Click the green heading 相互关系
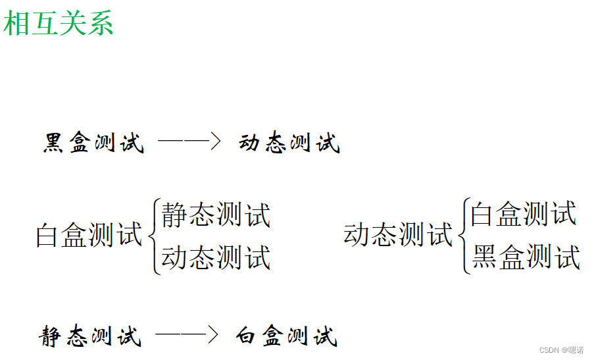click(59, 23)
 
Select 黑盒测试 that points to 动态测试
click(93, 143)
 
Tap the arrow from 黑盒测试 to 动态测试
click(189, 141)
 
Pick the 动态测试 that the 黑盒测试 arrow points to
click(289, 143)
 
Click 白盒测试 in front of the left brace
click(89, 235)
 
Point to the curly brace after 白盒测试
click(154, 235)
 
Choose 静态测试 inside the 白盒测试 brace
click(216, 215)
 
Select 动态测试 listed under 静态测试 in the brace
click(216, 257)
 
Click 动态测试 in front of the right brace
click(398, 234)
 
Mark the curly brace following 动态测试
click(465, 235)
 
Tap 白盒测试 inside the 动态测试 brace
click(524, 214)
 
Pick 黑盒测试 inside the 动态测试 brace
click(526, 257)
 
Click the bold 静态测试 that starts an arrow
click(90, 336)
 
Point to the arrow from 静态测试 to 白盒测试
click(187, 335)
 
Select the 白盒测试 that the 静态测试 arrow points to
click(287, 336)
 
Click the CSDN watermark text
click(549, 350)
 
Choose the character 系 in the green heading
click(100, 23)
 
